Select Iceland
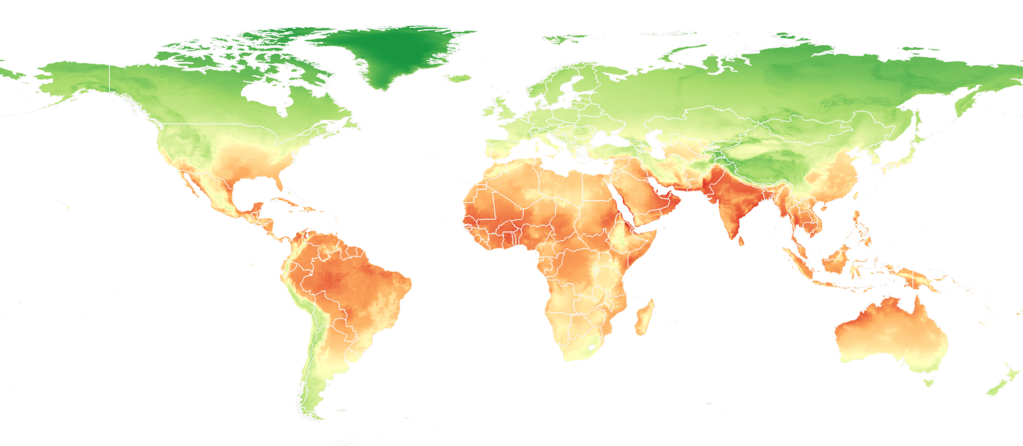coord(460,78)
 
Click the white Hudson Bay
coord(266,93)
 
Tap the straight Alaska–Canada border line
coord(109,80)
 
